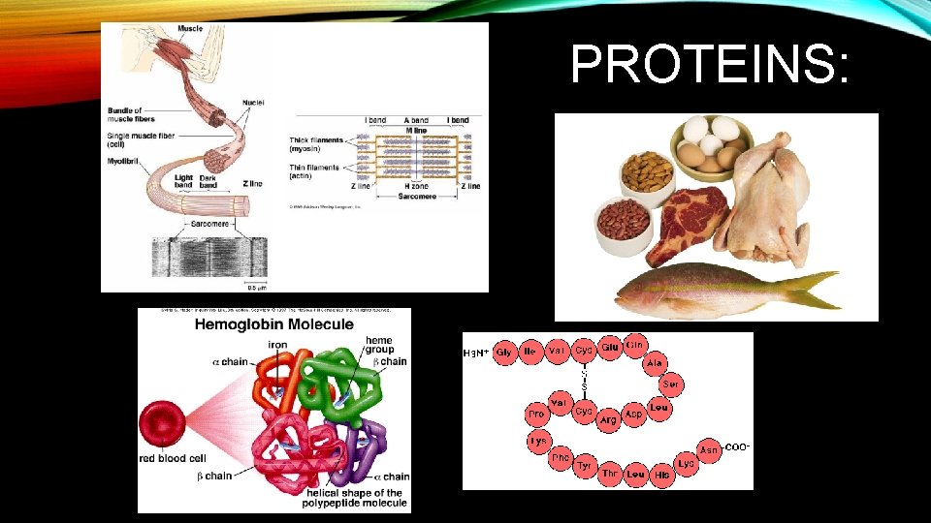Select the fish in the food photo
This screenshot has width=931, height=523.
pyautogui.click(x=718, y=288)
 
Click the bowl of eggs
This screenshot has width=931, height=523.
pyautogui.click(x=712, y=145)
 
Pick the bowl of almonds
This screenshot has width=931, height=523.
pyautogui.click(x=647, y=175)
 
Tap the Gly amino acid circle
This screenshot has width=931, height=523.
pyautogui.click(x=504, y=353)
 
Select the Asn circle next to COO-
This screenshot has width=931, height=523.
pyautogui.click(x=710, y=449)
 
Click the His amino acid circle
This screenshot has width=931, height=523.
pyautogui.click(x=661, y=476)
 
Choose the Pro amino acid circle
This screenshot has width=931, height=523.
pyautogui.click(x=535, y=415)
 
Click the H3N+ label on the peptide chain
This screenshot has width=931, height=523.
pyautogui.click(x=476, y=353)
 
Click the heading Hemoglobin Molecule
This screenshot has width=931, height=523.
pyautogui.click(x=274, y=325)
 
